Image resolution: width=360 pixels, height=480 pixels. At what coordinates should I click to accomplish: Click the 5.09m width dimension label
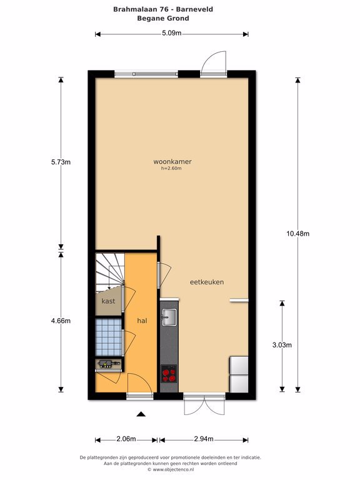[172, 33]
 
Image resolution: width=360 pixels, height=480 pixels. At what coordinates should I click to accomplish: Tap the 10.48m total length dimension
[298, 234]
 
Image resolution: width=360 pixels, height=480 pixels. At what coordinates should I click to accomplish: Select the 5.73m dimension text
[61, 162]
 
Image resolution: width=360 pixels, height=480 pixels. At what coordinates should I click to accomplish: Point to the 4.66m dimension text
[61, 321]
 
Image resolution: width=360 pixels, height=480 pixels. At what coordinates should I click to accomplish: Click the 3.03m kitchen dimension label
[282, 345]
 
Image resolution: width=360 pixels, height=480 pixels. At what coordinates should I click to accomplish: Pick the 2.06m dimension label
[126, 439]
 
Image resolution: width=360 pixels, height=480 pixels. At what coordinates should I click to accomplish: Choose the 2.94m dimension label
[204, 439]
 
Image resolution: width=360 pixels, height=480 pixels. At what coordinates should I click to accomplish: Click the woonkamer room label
[172, 161]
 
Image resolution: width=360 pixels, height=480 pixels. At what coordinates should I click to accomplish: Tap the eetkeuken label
[207, 282]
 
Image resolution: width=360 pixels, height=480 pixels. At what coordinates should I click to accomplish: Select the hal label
[142, 321]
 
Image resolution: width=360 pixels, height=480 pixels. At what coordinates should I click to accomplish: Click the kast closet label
[108, 301]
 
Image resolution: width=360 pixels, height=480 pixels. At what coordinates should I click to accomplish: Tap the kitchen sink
[169, 317]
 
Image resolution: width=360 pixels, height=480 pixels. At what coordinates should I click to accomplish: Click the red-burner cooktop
[169, 374]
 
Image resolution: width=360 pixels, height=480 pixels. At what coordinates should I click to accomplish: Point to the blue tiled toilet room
[109, 337]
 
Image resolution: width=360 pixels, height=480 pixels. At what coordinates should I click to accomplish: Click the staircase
[109, 271]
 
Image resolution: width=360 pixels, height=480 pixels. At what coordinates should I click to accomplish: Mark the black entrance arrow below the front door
[141, 414]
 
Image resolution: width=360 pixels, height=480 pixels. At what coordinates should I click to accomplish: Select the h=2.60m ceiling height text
[171, 168]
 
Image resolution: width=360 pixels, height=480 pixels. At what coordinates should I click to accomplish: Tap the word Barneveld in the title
[195, 9]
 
